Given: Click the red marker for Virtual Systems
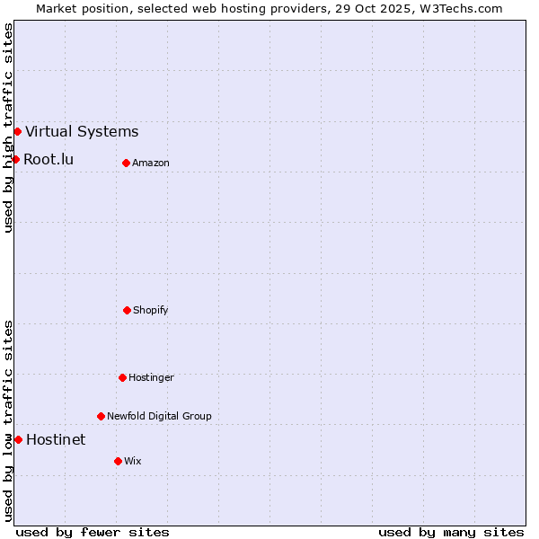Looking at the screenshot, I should tap(17, 131).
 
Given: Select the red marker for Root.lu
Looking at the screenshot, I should tap(15, 159).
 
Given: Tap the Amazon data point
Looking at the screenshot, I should tap(126, 163).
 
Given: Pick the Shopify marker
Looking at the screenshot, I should tap(127, 310).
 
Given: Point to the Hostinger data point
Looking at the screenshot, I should tap(122, 377).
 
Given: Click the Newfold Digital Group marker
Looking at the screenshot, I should tap(101, 416).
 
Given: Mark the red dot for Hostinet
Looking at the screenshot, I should tap(18, 439).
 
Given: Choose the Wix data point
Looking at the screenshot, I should tap(118, 461).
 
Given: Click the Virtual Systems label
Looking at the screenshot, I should tap(82, 131).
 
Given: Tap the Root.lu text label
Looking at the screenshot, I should tap(49, 159).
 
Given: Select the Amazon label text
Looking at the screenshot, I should tap(151, 163).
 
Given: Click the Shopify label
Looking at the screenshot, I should tap(151, 310).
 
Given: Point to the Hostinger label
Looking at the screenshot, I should tap(151, 377).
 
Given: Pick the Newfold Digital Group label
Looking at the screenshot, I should tap(159, 416).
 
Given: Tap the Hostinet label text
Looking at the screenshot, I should tap(56, 439).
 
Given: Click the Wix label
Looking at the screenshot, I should tap(133, 461).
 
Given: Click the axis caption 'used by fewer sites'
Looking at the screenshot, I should tap(93, 532).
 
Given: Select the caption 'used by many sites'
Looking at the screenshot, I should tap(451, 532).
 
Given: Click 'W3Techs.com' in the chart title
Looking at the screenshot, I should tap(458, 8).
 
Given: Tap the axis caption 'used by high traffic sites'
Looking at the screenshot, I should tap(8, 128).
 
